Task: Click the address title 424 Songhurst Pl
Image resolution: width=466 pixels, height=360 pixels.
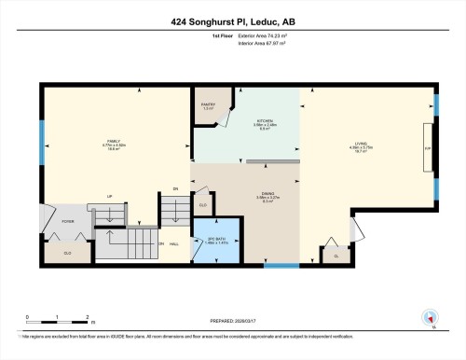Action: coord(233,20)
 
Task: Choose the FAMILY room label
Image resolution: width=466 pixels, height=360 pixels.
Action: coord(114,144)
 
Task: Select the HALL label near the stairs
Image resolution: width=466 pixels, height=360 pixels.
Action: coord(175,244)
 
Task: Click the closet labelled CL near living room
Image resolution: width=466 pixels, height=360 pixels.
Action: coord(334,253)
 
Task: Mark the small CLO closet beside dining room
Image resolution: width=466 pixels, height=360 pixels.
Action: coord(203,204)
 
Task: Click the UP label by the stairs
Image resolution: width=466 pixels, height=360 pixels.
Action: coord(109,197)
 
